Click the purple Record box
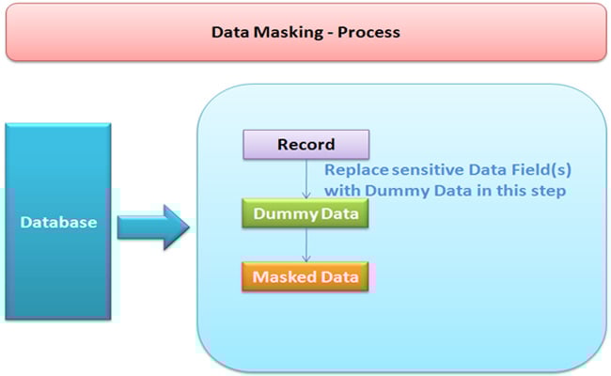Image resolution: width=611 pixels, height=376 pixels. (x=306, y=145)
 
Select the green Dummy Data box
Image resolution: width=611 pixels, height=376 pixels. (x=306, y=214)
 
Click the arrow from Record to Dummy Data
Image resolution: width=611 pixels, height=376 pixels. (x=306, y=179)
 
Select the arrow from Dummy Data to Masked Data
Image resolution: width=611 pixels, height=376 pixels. (x=306, y=245)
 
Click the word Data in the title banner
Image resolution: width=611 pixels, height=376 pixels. (x=229, y=32)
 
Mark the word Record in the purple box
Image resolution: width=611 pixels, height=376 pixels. (x=306, y=145)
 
